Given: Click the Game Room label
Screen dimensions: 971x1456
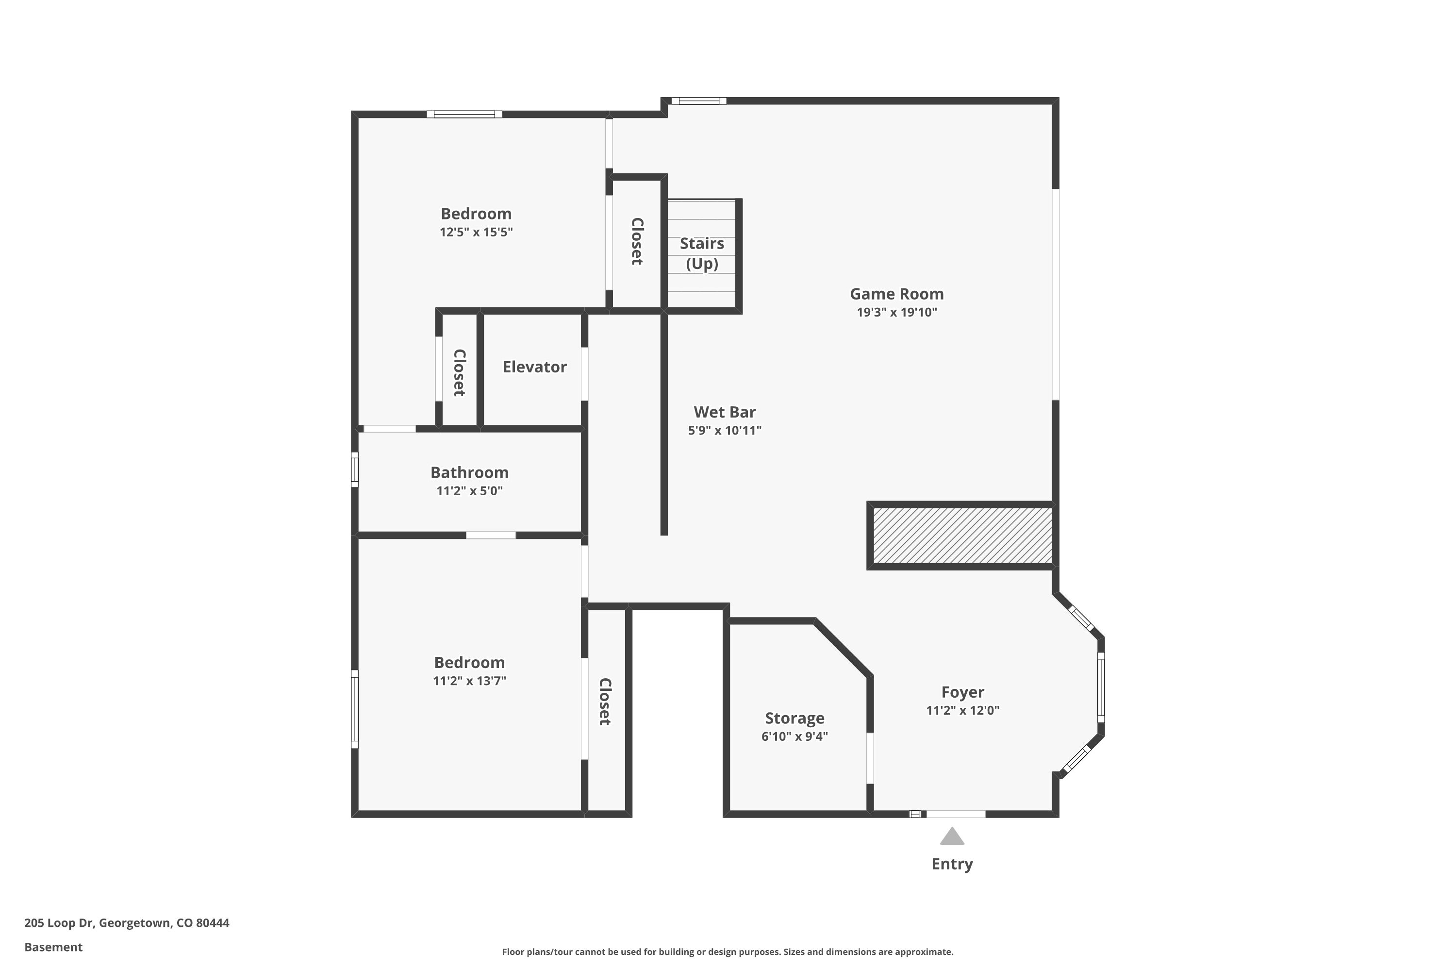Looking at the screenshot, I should tap(896, 294).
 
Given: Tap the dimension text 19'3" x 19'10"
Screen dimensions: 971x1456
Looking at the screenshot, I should tap(896, 312).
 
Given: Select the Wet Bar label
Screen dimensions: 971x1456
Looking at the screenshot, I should tap(724, 412).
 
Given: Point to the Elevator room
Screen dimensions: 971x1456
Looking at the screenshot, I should tap(534, 367).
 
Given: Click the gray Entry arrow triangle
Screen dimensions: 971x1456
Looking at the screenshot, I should tap(951, 837).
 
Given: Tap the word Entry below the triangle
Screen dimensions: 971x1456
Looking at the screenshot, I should tap(951, 864).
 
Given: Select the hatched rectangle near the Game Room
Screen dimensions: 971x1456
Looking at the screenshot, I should tap(962, 536).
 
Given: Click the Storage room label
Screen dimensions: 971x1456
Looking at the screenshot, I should tap(794, 719).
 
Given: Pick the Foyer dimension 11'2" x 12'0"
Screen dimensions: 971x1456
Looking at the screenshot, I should tap(962, 710).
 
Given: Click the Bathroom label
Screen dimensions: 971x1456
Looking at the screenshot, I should tap(469, 472).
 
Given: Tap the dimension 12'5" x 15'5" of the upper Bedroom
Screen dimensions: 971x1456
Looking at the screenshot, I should tap(476, 232).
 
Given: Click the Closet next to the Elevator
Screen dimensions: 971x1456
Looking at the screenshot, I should tap(459, 372).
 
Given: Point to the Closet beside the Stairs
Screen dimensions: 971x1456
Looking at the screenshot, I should tap(637, 241).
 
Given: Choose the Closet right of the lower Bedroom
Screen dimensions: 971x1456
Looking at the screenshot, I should tap(605, 701).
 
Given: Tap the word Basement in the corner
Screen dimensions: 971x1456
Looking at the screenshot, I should tap(53, 947).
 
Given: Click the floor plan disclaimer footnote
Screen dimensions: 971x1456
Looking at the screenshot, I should tap(728, 952).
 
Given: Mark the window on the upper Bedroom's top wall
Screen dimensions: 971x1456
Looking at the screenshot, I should tap(464, 115).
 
